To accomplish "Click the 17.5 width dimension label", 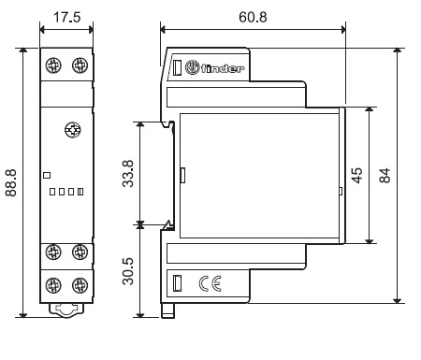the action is click(x=67, y=17).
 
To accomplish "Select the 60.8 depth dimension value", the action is click(x=253, y=17).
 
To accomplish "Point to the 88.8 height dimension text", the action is click(x=11, y=182).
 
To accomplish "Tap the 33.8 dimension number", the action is click(x=128, y=174).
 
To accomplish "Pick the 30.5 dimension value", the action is click(x=128, y=271).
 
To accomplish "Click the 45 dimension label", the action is click(x=357, y=176).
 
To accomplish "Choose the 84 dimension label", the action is click(x=385, y=176).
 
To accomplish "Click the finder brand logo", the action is click(x=214, y=67).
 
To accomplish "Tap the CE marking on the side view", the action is click(x=210, y=283).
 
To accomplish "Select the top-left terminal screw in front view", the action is click(x=53, y=65).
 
